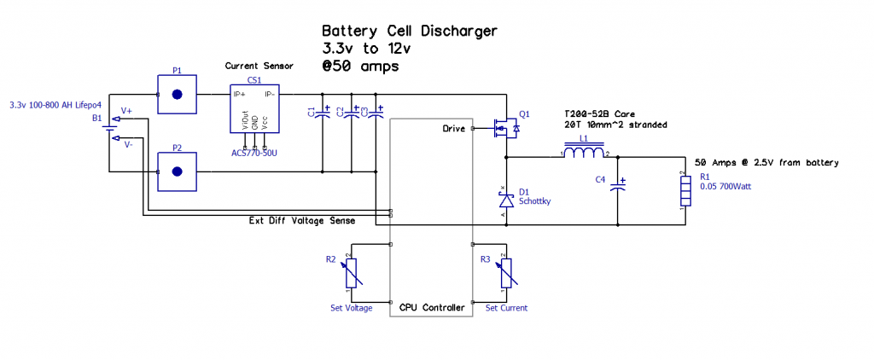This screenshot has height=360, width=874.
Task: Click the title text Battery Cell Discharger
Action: (409, 31)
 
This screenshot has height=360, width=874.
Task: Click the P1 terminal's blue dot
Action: (178, 95)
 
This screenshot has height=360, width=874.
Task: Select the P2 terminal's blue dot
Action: (178, 171)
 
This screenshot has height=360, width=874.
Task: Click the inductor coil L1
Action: (584, 154)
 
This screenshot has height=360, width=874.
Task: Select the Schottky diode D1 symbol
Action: (505, 199)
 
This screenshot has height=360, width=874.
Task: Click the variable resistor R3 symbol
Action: (505, 272)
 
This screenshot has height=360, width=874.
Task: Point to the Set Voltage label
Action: (351, 308)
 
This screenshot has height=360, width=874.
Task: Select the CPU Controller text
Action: (433, 307)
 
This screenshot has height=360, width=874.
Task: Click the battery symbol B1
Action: (108, 131)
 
